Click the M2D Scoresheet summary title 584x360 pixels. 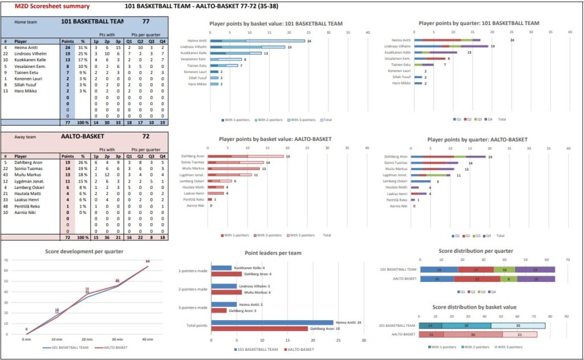pos(52,6)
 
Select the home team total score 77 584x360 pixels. pos(145,21)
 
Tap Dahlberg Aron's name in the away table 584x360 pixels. pos(31,162)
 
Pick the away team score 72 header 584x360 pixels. pos(145,137)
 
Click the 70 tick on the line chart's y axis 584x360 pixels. pos(6,260)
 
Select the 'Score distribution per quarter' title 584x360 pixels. pos(476,251)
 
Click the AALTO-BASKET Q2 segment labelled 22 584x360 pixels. pos(476,279)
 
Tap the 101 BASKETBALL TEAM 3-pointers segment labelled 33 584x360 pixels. pos(518,326)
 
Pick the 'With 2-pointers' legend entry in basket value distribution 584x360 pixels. pos(478,347)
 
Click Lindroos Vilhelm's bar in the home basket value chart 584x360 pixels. pos(248,47)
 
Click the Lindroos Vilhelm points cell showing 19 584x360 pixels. pos(67,53)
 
